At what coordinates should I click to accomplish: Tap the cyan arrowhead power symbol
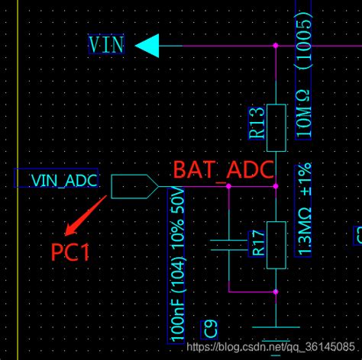[x=147, y=47]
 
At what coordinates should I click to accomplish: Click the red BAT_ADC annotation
[x=223, y=170]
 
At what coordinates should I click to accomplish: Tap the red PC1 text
[x=71, y=252]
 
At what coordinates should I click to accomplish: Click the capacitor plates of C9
[x=229, y=246]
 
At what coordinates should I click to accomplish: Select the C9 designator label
[x=210, y=329]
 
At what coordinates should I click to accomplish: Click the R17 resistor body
[x=276, y=247]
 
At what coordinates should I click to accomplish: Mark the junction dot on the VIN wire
[x=276, y=47]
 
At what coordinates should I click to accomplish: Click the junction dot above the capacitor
[x=229, y=186]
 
